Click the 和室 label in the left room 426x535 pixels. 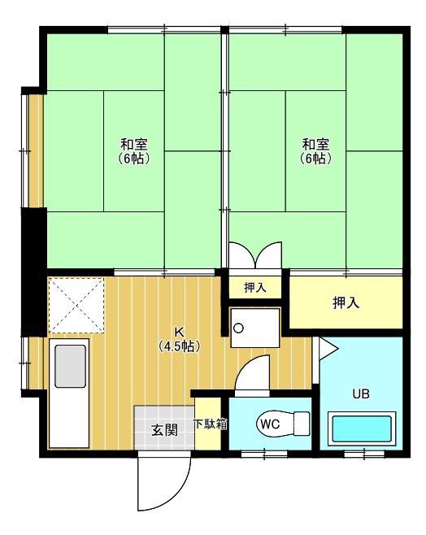click(x=134, y=145)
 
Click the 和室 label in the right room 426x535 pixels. click(x=316, y=145)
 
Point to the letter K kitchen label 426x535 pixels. click(x=180, y=332)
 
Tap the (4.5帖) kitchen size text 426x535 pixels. click(x=180, y=345)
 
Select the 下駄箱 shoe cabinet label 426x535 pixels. click(x=210, y=424)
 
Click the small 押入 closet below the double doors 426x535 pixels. click(x=255, y=287)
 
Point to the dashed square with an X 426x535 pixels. click(x=76, y=305)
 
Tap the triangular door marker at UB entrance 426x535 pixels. click(x=328, y=349)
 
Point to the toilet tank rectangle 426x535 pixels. click(x=301, y=423)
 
